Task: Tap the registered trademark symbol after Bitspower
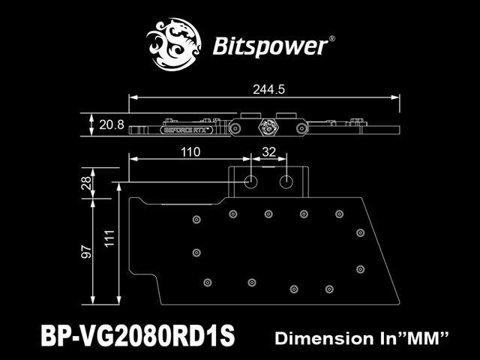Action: (333, 35)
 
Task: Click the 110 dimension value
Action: (190, 152)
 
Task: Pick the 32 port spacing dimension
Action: (268, 152)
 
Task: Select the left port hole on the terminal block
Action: (250, 182)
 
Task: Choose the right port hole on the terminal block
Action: (286, 182)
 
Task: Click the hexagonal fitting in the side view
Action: (265, 127)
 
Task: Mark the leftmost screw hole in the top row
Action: (196, 219)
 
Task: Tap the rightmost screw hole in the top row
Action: (339, 214)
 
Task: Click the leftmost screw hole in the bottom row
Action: (207, 282)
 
